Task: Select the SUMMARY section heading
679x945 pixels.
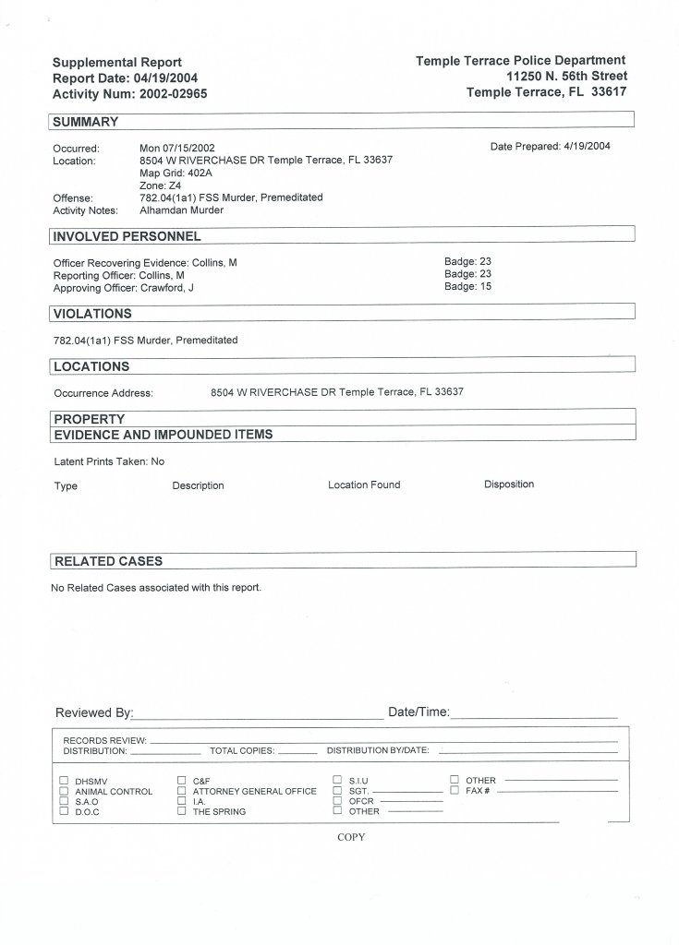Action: pyautogui.click(x=86, y=122)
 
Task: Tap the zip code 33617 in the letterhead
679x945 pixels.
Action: pyautogui.click(x=608, y=92)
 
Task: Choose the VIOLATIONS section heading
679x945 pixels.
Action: pyautogui.click(x=92, y=314)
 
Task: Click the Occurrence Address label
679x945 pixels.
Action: pyautogui.click(x=103, y=393)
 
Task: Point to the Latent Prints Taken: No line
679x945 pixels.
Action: pyautogui.click(x=109, y=461)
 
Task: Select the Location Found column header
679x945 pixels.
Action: pyautogui.click(x=364, y=484)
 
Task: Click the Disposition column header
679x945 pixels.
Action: pyautogui.click(x=509, y=484)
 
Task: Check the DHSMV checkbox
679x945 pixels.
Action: pyautogui.click(x=64, y=781)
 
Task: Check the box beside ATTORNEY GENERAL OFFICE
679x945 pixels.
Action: pyautogui.click(x=182, y=791)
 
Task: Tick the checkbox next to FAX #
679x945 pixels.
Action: pyautogui.click(x=455, y=791)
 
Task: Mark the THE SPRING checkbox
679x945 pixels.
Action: pyautogui.click(x=182, y=811)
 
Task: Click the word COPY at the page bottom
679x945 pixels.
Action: pyautogui.click(x=351, y=837)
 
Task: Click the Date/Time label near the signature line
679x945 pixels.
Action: pyautogui.click(x=418, y=712)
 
